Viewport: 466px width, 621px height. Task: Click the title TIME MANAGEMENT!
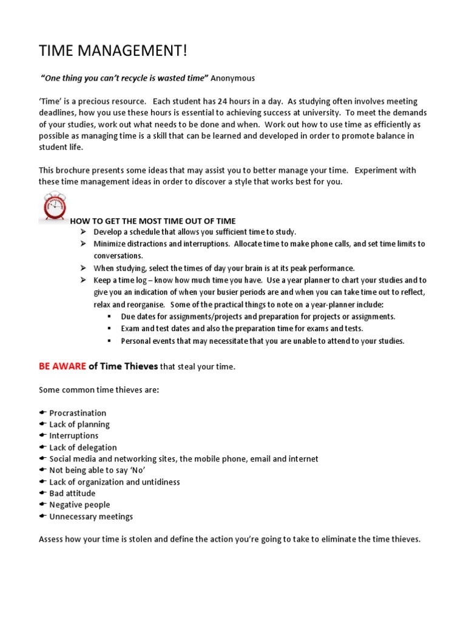coord(113,52)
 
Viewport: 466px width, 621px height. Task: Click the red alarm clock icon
coord(54,207)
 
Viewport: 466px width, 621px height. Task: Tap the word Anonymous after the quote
coord(233,78)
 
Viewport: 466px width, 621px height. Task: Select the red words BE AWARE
coord(62,366)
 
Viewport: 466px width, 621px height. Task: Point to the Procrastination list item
coord(78,413)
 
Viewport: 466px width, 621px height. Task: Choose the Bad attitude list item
coord(72,494)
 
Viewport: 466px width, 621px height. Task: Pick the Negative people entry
coord(79,505)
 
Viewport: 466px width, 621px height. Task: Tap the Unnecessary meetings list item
coord(91,517)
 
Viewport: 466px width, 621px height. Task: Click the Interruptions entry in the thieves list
coord(73,436)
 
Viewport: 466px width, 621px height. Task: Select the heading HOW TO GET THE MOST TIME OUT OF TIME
coord(153,221)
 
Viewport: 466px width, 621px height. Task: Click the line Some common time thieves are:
coord(99,390)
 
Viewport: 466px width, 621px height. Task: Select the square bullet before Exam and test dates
coord(109,329)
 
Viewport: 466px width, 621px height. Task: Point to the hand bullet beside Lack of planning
coord(42,425)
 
